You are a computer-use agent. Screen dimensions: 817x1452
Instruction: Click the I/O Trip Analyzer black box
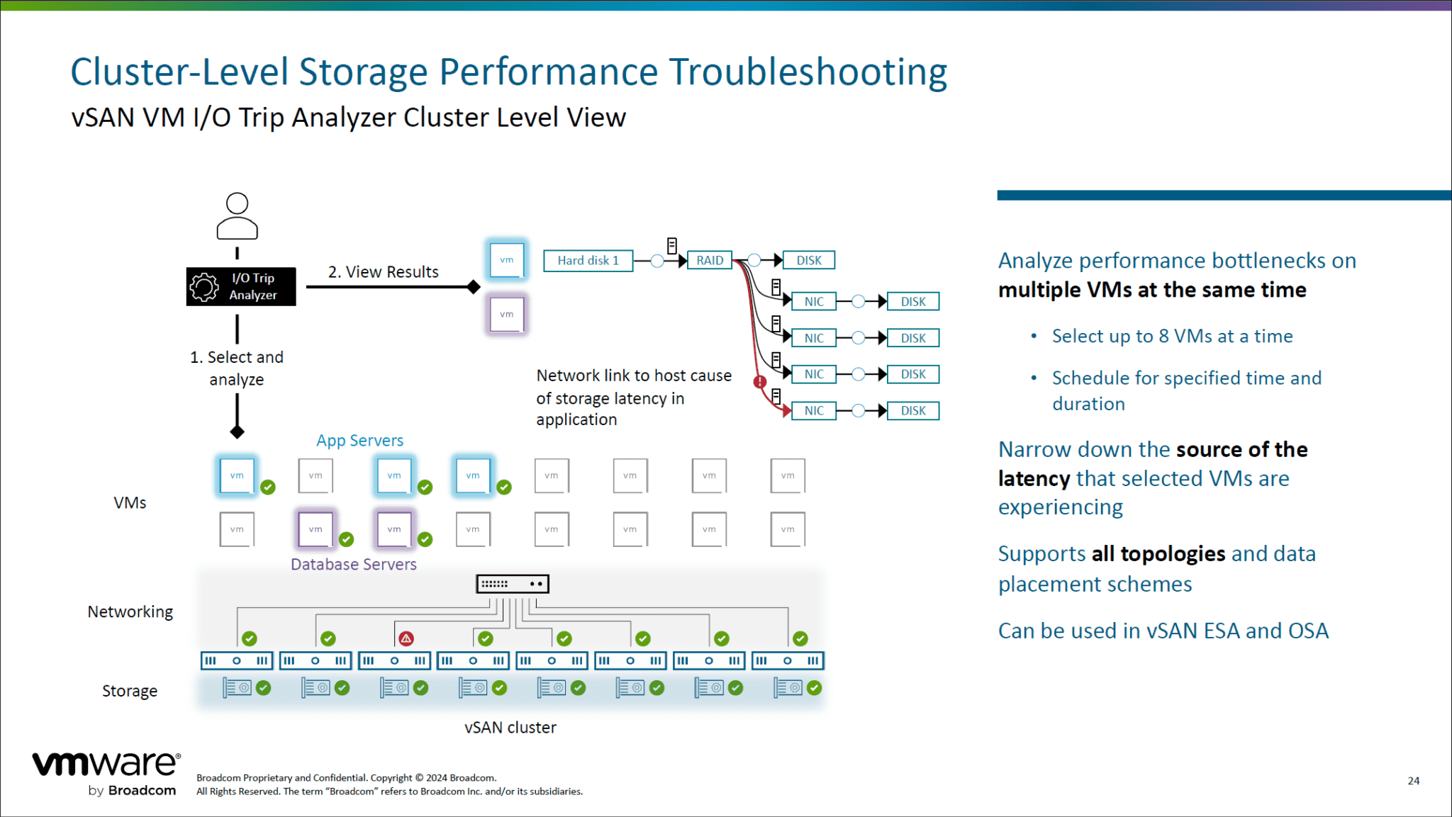(x=241, y=286)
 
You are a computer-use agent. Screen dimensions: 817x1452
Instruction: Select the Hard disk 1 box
(x=588, y=261)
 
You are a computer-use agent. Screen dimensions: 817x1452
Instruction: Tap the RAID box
(x=710, y=261)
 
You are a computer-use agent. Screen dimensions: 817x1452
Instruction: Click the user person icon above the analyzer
(x=237, y=216)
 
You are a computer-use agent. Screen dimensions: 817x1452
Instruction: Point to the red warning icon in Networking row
(x=406, y=638)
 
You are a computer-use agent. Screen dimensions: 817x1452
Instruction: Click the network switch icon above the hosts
(x=513, y=584)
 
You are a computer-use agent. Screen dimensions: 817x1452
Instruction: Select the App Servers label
(x=359, y=441)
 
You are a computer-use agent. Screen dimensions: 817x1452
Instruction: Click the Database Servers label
(x=353, y=565)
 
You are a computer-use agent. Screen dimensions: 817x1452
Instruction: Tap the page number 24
(x=1413, y=780)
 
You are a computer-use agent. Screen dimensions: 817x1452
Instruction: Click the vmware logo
(x=106, y=765)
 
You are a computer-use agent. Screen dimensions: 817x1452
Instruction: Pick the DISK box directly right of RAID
(x=808, y=261)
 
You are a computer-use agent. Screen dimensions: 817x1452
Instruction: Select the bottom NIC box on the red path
(x=814, y=411)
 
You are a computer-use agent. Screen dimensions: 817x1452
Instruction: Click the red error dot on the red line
(x=760, y=382)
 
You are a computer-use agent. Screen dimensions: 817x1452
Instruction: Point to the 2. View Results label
(x=383, y=272)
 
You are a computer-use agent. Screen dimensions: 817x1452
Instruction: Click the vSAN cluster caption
(x=510, y=728)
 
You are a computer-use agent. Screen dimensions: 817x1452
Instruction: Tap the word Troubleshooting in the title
(x=808, y=72)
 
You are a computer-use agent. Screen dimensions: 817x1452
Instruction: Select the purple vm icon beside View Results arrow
(x=506, y=315)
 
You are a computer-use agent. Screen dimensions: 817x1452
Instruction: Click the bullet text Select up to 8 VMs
(x=1172, y=337)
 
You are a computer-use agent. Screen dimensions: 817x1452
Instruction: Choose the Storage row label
(x=130, y=691)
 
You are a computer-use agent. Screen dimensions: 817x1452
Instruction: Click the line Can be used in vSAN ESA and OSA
(x=1163, y=631)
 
